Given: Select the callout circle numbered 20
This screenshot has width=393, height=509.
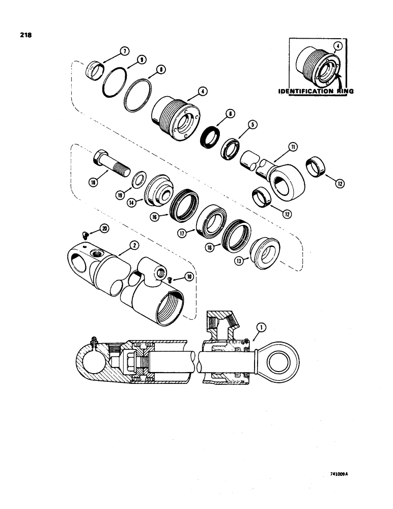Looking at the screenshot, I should click(x=104, y=229).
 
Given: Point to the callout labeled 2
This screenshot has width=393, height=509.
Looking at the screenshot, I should click(x=134, y=245).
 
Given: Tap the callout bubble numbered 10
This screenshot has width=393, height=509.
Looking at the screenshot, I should click(x=189, y=276).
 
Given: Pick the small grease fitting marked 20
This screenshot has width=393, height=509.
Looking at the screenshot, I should click(x=86, y=234).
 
